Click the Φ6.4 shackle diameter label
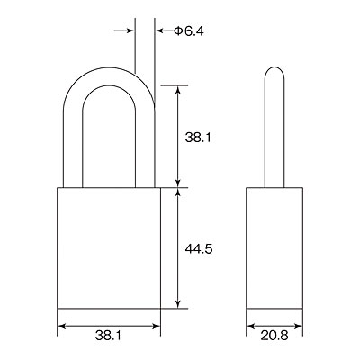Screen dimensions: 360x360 tap(189, 31)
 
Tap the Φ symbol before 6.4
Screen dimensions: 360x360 tap(178, 31)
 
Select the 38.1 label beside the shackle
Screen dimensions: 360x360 tap(198, 138)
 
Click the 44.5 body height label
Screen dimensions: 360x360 tap(199, 248)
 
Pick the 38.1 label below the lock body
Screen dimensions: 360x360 tap(109, 335)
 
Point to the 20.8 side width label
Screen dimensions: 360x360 tap(274, 336)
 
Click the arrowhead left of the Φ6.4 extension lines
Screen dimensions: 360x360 tap(130, 31)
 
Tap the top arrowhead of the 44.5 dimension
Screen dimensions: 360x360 tap(178, 192)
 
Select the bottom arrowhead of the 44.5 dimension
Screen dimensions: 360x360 tap(178, 304)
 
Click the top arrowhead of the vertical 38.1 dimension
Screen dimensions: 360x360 tap(178, 90)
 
